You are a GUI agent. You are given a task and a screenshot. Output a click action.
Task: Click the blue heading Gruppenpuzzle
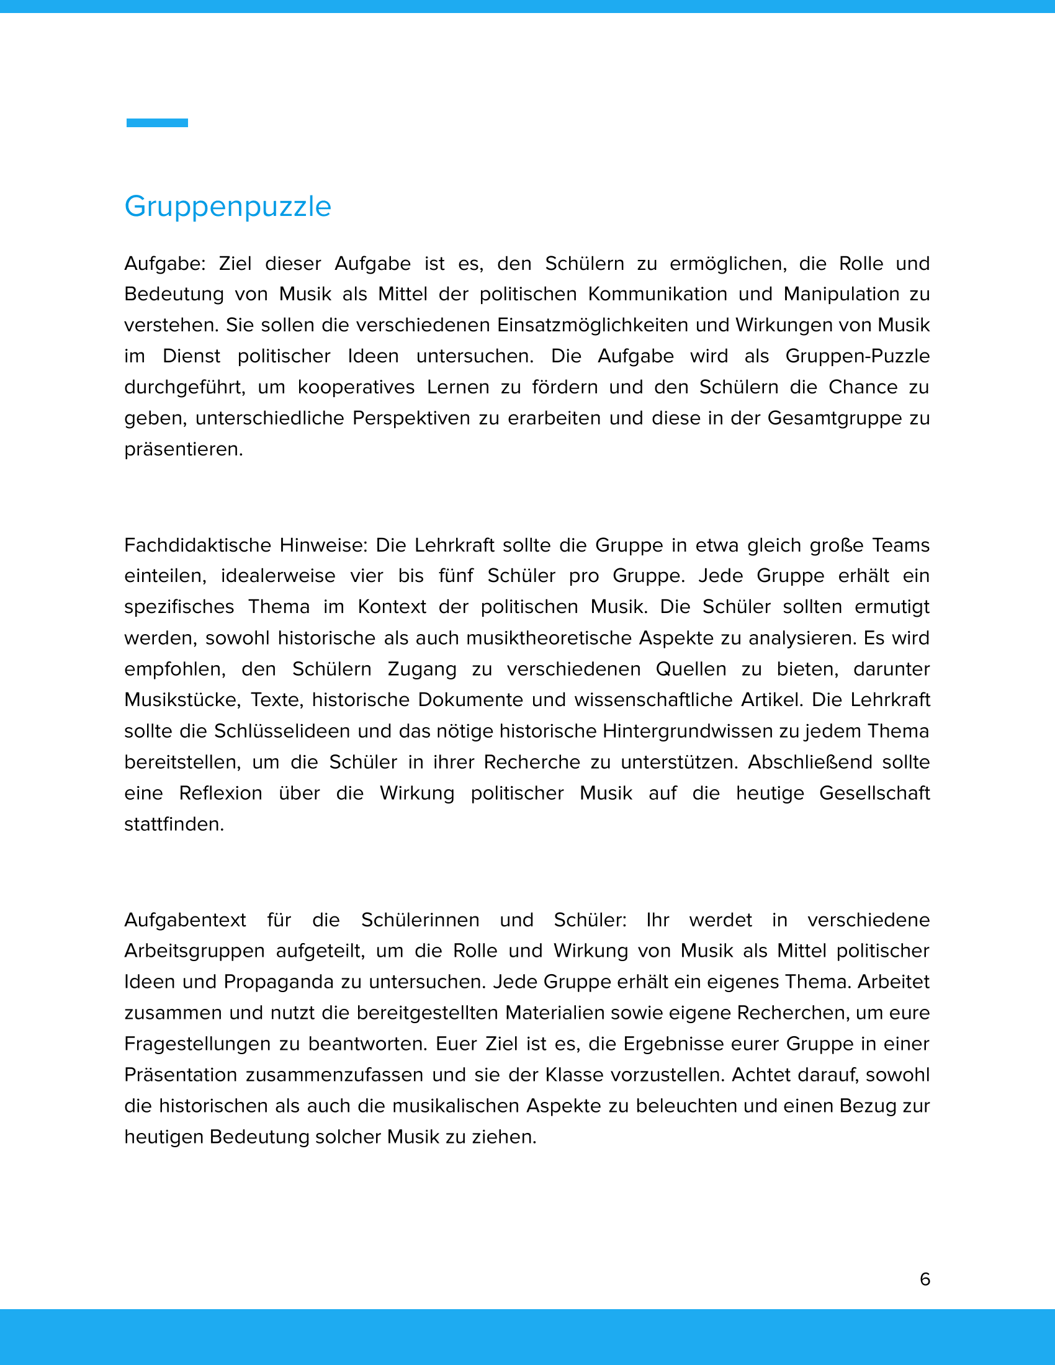coord(228,207)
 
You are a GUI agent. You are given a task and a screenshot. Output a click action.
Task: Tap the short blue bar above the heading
coord(157,122)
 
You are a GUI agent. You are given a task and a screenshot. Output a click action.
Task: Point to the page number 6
coord(925,1279)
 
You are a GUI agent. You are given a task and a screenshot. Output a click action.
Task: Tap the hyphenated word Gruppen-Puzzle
coord(858,356)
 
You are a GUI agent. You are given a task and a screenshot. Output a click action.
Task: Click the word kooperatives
coord(356,387)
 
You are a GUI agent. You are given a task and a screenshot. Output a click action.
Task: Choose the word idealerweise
coord(278,576)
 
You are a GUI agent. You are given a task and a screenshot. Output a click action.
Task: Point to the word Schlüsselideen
coord(279,731)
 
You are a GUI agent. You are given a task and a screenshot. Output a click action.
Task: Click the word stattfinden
coord(174,825)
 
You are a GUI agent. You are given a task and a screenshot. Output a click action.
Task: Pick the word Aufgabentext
coord(185,920)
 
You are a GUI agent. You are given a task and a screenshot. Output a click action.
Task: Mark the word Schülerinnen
coord(420,920)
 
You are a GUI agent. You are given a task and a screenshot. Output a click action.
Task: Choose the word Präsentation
coord(181,1075)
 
